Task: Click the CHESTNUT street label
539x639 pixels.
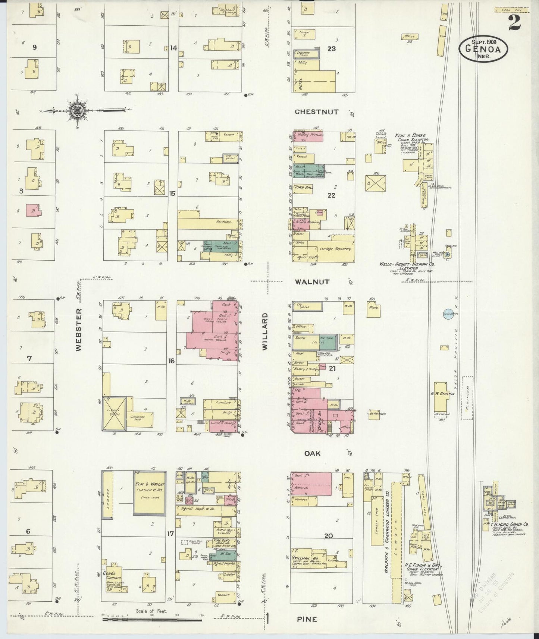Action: (316, 112)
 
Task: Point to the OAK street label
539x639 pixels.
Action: (312, 453)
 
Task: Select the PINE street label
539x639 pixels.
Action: (307, 619)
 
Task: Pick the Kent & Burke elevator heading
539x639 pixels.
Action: (410, 135)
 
